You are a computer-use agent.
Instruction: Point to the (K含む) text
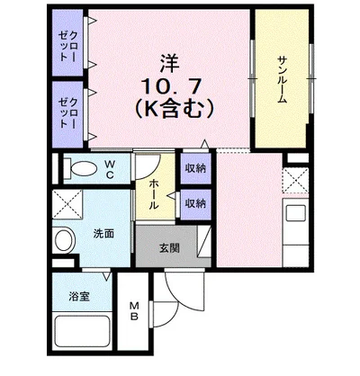click(171, 111)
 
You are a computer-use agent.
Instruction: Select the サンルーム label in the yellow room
click(282, 81)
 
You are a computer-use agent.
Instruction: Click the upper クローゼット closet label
click(69, 45)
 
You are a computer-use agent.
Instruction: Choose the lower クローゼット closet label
click(69, 112)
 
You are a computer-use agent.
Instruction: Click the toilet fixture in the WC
click(76, 167)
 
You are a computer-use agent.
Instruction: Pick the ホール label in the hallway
click(154, 192)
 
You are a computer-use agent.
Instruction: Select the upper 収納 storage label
click(194, 168)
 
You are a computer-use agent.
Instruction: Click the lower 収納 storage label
click(194, 204)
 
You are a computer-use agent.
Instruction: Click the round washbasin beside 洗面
click(64, 240)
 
